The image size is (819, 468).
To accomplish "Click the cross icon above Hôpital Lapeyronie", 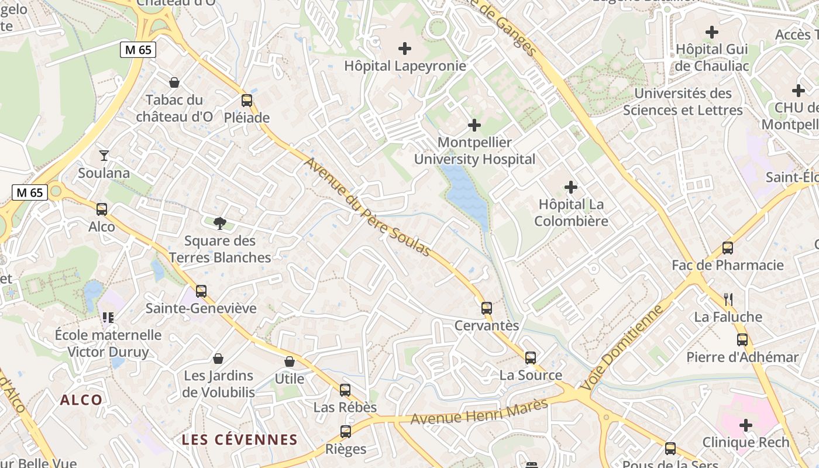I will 404,49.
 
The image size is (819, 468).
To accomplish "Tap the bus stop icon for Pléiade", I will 247,100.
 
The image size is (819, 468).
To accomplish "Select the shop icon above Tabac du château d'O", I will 174,82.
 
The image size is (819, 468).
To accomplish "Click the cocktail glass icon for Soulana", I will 104,156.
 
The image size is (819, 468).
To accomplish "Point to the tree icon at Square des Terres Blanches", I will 220,223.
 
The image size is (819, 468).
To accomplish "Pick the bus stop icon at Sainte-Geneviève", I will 201,291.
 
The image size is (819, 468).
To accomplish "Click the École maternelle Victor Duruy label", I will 108,343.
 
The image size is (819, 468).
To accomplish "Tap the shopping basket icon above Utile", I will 290,362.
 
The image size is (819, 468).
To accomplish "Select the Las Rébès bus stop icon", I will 345,390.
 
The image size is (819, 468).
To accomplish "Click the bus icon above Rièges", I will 346,432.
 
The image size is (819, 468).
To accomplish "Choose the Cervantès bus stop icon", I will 487,308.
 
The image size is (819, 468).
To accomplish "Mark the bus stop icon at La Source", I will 531,357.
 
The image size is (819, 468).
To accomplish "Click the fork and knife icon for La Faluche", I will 728,300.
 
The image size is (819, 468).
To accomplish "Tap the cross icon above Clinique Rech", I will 746,425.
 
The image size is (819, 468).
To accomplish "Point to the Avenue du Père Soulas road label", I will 367,207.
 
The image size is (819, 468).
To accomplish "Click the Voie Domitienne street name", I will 624,347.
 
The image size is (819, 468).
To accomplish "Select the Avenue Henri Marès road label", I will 479,411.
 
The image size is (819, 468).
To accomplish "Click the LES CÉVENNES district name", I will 239,440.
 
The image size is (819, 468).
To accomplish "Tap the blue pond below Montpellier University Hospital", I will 466,196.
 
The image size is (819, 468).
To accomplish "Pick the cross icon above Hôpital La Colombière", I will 571,187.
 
